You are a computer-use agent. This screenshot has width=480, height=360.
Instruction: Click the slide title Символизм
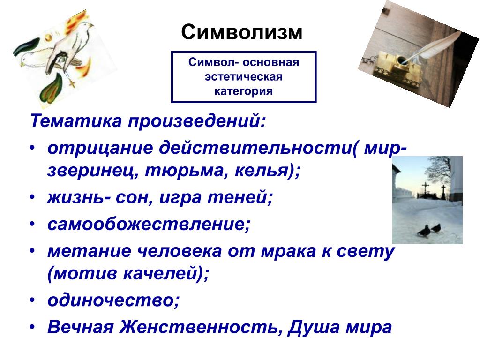pyautogui.click(x=241, y=32)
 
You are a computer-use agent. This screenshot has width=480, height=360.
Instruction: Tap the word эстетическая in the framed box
pyautogui.click(x=243, y=76)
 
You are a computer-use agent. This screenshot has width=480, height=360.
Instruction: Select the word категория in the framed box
pyautogui.click(x=243, y=91)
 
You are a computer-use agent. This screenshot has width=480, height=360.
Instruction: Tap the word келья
pyautogui.click(x=264, y=170)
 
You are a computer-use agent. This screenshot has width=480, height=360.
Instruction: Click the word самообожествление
pyautogui.click(x=149, y=224)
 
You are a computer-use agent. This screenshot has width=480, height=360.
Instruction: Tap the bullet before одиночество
pyautogui.click(x=32, y=300)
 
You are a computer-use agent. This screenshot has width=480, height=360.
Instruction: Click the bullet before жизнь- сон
pyautogui.click(x=32, y=198)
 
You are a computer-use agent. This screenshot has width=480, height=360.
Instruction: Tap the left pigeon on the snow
pyautogui.click(x=423, y=231)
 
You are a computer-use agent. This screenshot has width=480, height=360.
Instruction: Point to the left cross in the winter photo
pyautogui.click(x=426, y=189)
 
